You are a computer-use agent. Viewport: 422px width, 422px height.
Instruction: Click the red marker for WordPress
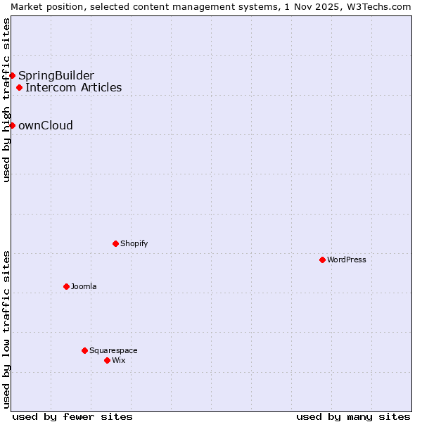point(322,260)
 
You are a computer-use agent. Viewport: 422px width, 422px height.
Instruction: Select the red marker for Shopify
point(115,243)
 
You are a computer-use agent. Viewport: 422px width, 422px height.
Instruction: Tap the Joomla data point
point(66,286)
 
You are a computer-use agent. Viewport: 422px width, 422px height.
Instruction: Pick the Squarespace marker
point(84,350)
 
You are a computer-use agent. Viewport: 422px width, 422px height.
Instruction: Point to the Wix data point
point(107,360)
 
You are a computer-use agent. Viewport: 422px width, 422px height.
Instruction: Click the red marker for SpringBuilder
point(12,75)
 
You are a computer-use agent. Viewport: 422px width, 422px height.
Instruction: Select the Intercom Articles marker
point(19,88)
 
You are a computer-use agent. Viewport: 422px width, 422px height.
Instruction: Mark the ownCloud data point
point(12,125)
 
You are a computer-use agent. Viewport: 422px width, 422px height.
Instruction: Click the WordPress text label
point(347,260)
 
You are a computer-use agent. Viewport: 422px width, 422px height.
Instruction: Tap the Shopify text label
point(134,243)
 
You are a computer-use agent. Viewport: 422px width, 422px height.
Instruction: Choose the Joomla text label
point(84,286)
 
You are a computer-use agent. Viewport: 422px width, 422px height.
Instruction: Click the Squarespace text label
point(113,350)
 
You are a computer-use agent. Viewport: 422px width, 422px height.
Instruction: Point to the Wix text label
point(118,360)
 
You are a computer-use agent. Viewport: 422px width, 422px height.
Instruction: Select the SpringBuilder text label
point(56,75)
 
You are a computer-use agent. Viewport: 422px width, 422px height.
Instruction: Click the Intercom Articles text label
point(74,88)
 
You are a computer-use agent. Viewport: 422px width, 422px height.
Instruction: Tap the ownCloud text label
point(46,125)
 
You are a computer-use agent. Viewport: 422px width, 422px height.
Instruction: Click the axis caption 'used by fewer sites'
point(72,416)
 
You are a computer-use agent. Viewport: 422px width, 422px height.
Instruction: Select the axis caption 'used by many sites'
point(353,416)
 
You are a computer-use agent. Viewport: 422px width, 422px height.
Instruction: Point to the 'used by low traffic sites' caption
point(6,329)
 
